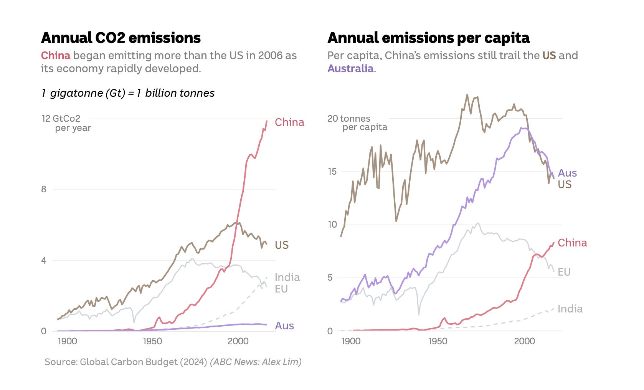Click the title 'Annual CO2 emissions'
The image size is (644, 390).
tap(121, 38)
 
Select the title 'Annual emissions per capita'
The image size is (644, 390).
tap(428, 38)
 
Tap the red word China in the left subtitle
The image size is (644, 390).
tap(56, 56)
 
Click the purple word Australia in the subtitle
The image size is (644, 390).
tap(350, 69)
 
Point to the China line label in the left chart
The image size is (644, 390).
tap(289, 122)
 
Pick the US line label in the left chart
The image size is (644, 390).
tap(281, 245)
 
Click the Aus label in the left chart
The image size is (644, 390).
tap(284, 326)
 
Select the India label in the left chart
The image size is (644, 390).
tap(287, 277)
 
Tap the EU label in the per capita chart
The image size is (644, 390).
tap(564, 272)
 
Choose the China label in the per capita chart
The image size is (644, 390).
tap(572, 243)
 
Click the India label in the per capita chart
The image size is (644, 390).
tap(570, 309)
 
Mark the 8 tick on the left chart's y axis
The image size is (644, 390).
tap(44, 189)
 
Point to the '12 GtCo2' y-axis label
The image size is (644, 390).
tap(61, 119)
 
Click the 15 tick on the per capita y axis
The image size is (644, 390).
tap(332, 172)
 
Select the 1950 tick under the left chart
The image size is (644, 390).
tap(152, 341)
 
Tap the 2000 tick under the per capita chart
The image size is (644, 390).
tap(524, 341)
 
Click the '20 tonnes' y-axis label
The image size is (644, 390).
tap(349, 119)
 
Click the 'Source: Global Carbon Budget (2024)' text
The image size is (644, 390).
tap(126, 362)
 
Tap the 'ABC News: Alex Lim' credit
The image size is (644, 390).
tap(256, 362)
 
